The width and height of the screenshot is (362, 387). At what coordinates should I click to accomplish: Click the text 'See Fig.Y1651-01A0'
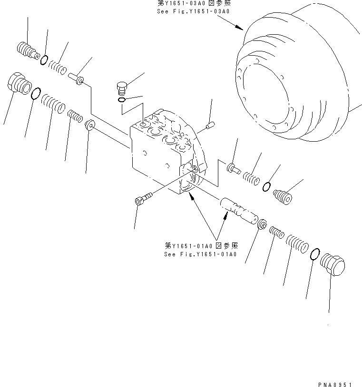(x=200, y=254)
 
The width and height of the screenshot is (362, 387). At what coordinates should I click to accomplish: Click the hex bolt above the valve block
(x=122, y=88)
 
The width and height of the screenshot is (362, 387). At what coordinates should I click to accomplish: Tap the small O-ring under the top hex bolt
(x=122, y=99)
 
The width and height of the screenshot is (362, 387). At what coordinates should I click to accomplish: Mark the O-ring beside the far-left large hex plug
(x=36, y=93)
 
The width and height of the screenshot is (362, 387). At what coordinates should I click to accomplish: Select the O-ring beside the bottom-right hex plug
(x=313, y=254)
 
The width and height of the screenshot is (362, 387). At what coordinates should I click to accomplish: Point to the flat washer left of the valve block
(x=89, y=126)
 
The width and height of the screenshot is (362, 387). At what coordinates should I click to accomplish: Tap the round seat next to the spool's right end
(x=261, y=223)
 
